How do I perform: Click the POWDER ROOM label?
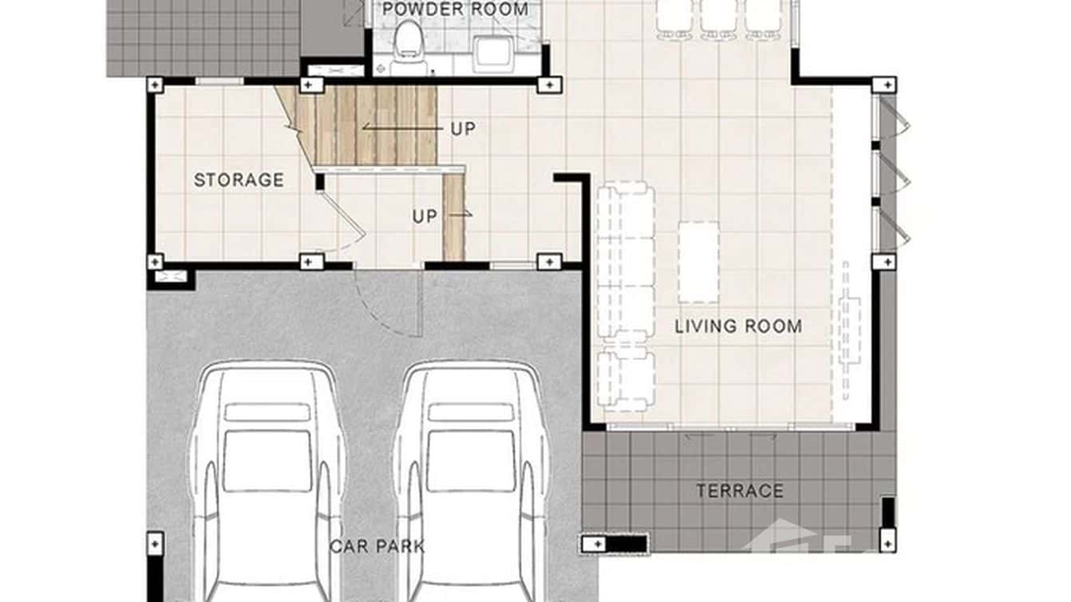[455, 10]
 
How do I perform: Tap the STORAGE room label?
[239, 180]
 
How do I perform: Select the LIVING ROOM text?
[738, 327]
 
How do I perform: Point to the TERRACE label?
[740, 491]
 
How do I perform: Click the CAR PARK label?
[377, 547]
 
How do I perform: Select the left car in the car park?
[267, 479]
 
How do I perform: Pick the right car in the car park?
[470, 479]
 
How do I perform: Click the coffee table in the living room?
[698, 262]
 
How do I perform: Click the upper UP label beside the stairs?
[463, 129]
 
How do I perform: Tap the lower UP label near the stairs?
[425, 216]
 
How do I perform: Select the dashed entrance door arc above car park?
[383, 307]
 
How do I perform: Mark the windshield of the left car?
[267, 461]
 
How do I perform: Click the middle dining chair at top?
[718, 18]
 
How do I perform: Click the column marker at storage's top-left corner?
[155, 85]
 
